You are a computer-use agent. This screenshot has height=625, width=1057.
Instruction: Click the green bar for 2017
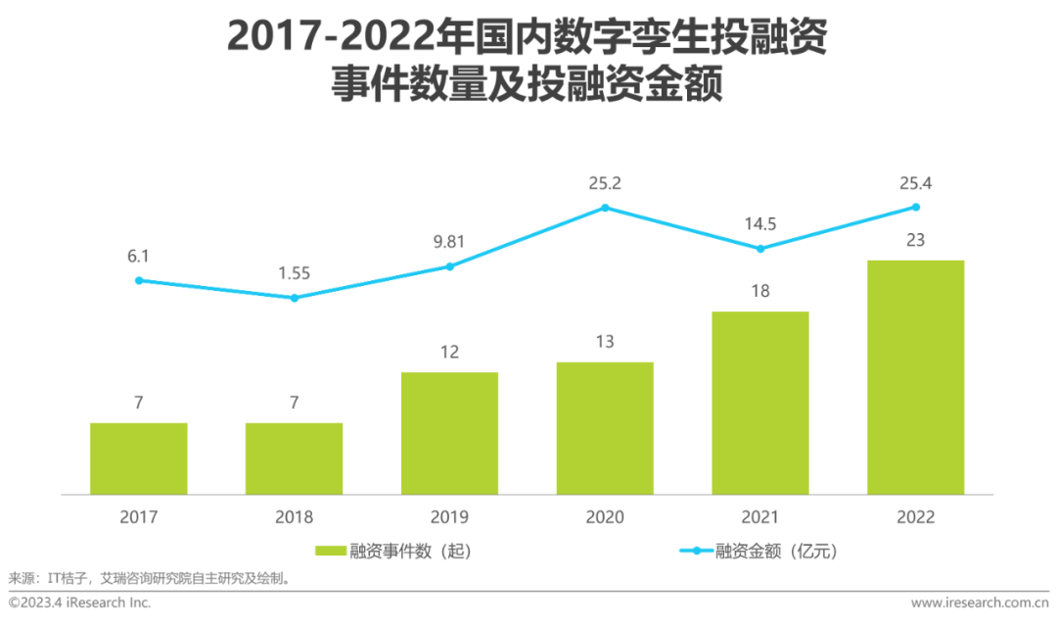tap(138, 458)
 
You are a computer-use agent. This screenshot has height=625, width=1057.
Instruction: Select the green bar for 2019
tap(449, 433)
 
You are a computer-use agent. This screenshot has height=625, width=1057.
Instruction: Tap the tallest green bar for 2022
tap(915, 377)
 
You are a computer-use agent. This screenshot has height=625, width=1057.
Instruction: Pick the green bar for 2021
tap(759, 403)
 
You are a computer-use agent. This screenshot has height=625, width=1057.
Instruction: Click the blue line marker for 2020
tap(605, 208)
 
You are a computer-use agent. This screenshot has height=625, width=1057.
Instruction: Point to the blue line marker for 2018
tap(294, 297)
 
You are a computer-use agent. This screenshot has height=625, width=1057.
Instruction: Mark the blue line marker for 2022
tap(916, 207)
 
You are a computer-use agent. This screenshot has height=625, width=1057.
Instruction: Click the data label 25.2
tap(605, 182)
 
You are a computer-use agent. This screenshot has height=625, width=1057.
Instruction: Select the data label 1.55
tap(294, 272)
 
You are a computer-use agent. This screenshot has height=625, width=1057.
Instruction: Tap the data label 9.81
tap(449, 241)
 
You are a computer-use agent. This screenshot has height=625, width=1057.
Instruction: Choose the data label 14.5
tap(759, 223)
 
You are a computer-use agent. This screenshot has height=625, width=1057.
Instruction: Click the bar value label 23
tap(916, 239)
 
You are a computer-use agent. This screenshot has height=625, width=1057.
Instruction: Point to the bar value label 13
tap(605, 341)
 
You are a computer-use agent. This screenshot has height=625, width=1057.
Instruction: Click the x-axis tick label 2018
tap(294, 516)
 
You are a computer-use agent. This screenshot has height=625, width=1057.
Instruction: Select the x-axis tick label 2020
tap(605, 516)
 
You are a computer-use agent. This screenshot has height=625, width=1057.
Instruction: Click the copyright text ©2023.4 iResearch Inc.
tap(80, 602)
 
